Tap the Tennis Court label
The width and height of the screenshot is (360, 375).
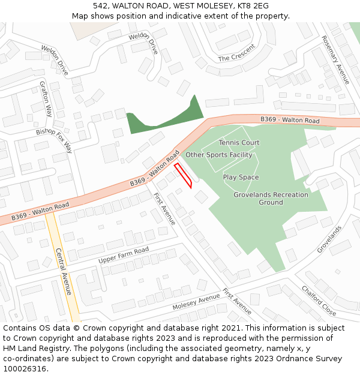pyautogui.click(x=239, y=143)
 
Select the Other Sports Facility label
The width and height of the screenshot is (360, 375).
pyautogui.click(x=219, y=155)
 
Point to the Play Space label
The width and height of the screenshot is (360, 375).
pyautogui.click(x=241, y=178)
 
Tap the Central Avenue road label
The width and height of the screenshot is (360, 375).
pyautogui.click(x=64, y=271)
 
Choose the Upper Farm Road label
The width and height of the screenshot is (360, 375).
pyautogui.click(x=124, y=256)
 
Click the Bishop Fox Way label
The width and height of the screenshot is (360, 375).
pyautogui.click(x=53, y=140)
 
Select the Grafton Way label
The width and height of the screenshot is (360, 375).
pyautogui.click(x=46, y=98)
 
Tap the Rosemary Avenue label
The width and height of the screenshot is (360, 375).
pyautogui.click(x=335, y=59)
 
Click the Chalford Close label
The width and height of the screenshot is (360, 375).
pyautogui.click(x=319, y=300)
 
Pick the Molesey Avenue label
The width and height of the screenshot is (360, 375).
pyautogui.click(x=196, y=302)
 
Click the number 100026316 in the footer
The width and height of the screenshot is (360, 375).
pyautogui.click(x=24, y=368)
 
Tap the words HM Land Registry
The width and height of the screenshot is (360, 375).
pyautogui.click(x=33, y=348)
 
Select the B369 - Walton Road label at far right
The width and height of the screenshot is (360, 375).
pyautogui.click(x=290, y=121)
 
